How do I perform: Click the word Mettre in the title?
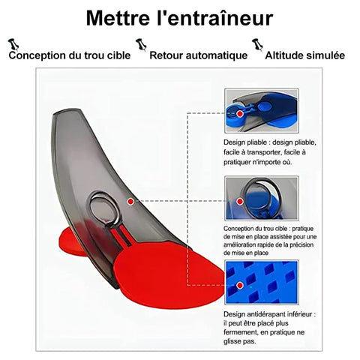click(118, 18)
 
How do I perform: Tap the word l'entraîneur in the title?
click(214, 18)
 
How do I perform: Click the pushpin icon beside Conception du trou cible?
click(13, 44)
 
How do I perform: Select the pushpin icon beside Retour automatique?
click(142, 45)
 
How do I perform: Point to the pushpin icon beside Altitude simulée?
click(257, 45)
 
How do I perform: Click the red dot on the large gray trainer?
click(130, 201)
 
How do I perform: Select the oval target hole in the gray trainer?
click(103, 207)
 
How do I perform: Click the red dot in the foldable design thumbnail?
click(240, 114)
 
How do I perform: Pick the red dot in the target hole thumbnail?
click(240, 201)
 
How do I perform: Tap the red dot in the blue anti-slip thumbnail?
click(240, 285)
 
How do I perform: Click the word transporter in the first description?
click(263, 152)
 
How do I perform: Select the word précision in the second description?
click(301, 244)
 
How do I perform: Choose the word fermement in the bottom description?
click(240, 332)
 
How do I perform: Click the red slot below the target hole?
click(121, 237)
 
